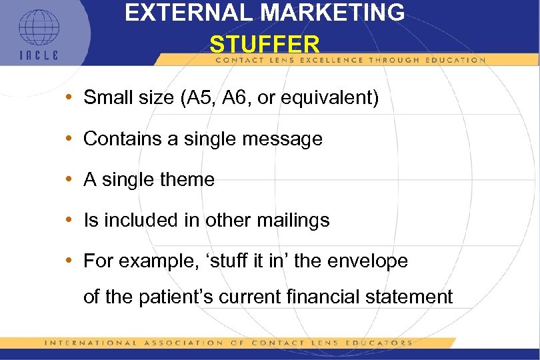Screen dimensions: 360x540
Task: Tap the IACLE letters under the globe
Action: point(39,55)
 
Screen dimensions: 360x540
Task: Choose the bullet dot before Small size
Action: point(71,99)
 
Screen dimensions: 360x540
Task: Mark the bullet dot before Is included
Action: point(71,221)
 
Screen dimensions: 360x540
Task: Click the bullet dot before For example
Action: point(71,261)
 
